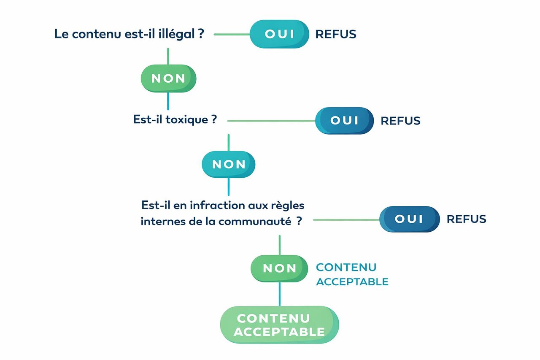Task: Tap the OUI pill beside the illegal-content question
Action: [279, 34]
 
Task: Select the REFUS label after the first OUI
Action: [336, 34]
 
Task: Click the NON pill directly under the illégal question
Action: [168, 78]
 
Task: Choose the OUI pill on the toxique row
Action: [344, 121]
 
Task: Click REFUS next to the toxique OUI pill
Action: [400, 121]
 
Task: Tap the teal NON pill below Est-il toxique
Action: [229, 164]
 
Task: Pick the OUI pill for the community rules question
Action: [409, 219]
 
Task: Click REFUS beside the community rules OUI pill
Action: [466, 219]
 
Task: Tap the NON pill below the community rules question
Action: [279, 268]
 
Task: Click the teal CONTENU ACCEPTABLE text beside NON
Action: [352, 274]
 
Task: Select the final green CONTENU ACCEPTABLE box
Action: [279, 325]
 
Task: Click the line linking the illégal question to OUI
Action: [232, 34]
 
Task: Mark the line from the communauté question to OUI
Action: [346, 219]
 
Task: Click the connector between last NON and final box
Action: [279, 294]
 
